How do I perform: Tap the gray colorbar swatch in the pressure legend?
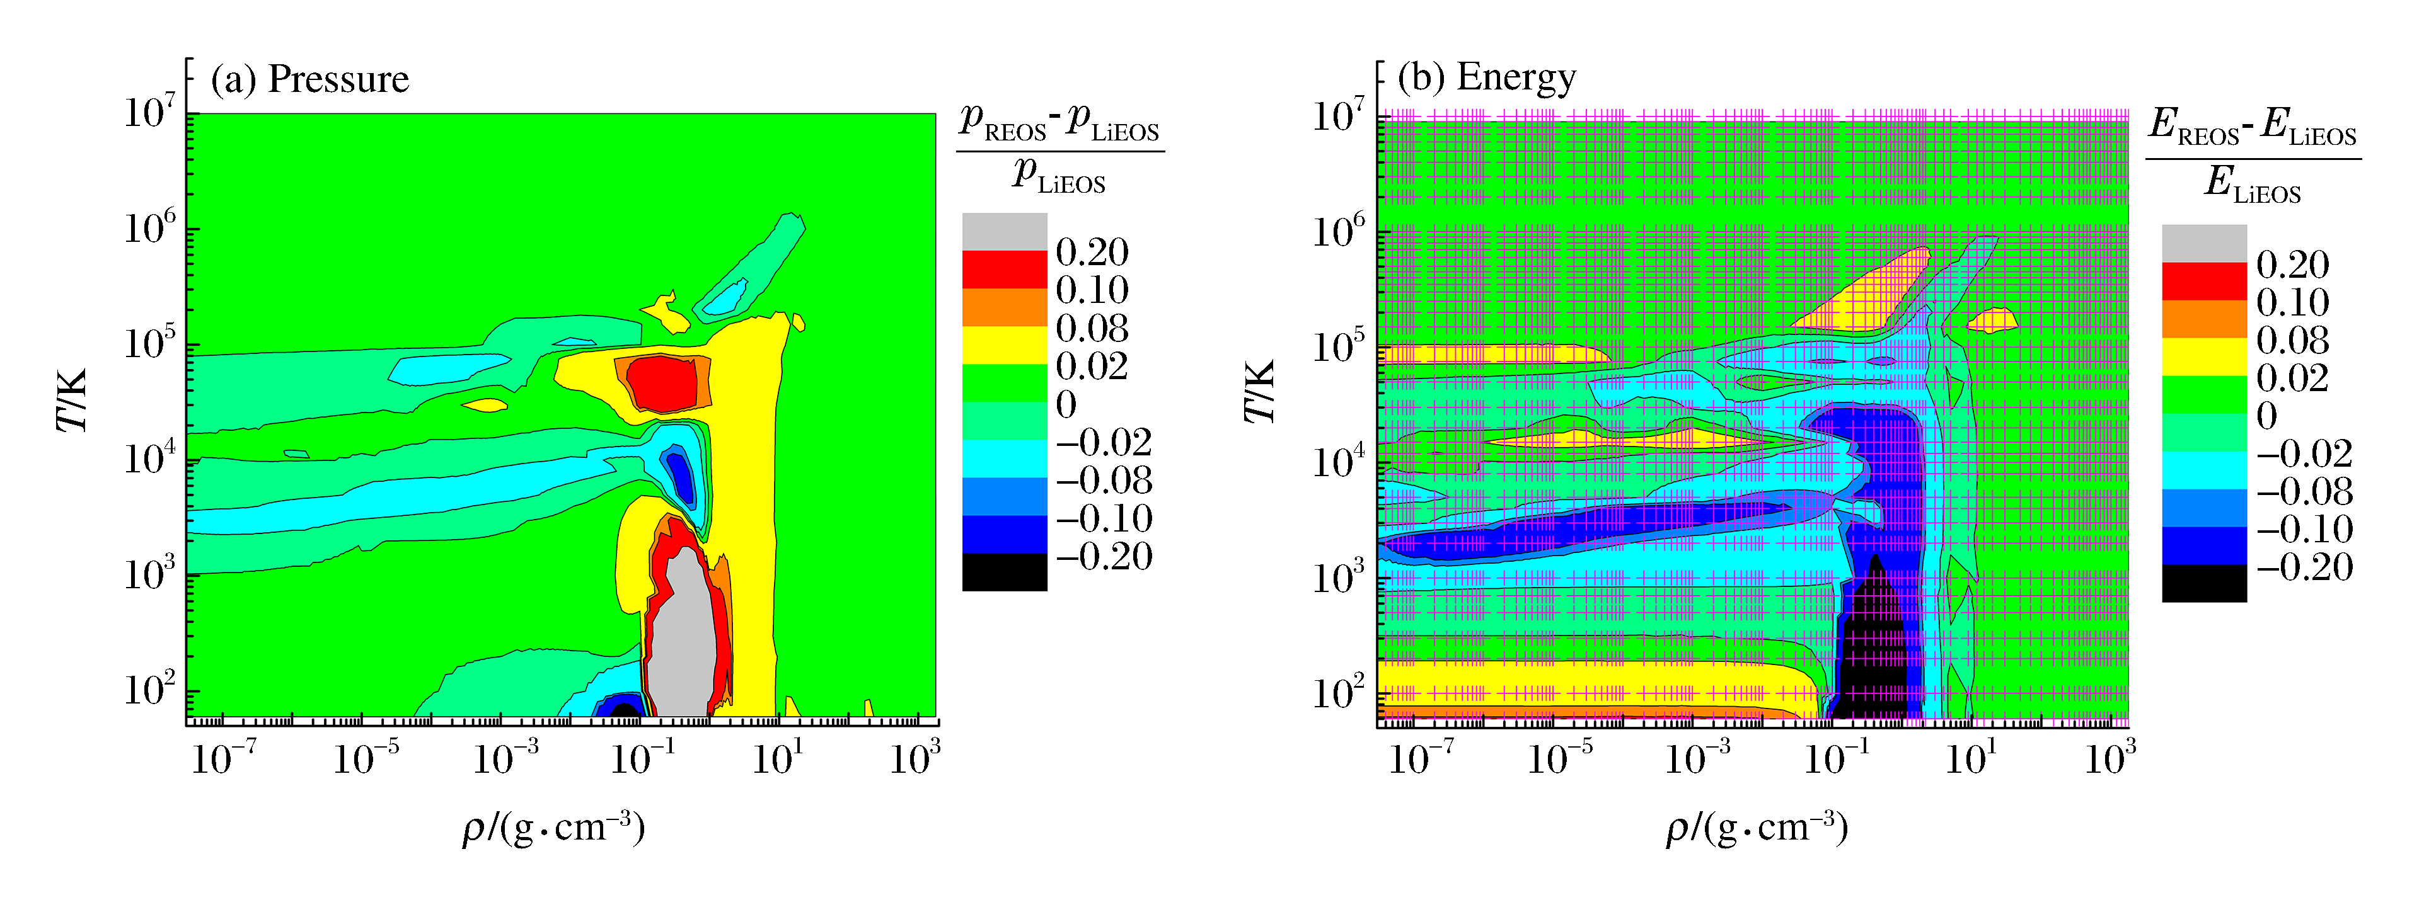click(1004, 231)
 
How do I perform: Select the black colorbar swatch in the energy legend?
click(2204, 583)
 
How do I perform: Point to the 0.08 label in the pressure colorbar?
click(1092, 328)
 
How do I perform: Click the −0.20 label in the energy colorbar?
click(2304, 567)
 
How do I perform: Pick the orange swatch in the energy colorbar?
click(2204, 319)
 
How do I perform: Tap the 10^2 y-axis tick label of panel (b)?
click(1338, 692)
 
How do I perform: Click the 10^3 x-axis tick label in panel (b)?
click(2109, 757)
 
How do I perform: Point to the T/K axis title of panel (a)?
click(73, 400)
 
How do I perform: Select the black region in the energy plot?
click(1873, 658)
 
